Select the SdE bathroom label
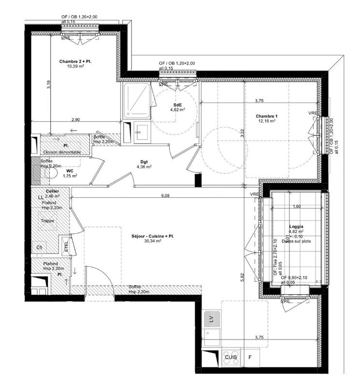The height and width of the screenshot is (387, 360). click(178, 104)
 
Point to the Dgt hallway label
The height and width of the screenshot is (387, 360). click(144, 162)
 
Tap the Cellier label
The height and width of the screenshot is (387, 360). click(52, 192)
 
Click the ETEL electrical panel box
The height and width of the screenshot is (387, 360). click(66, 246)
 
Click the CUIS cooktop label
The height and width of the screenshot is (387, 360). click(230, 357)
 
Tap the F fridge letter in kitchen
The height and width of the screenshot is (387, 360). click(250, 357)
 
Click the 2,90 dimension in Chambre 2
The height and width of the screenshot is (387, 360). click(75, 119)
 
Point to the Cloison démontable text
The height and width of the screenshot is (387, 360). click(64, 152)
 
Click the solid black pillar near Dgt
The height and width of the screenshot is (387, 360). click(197, 179)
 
